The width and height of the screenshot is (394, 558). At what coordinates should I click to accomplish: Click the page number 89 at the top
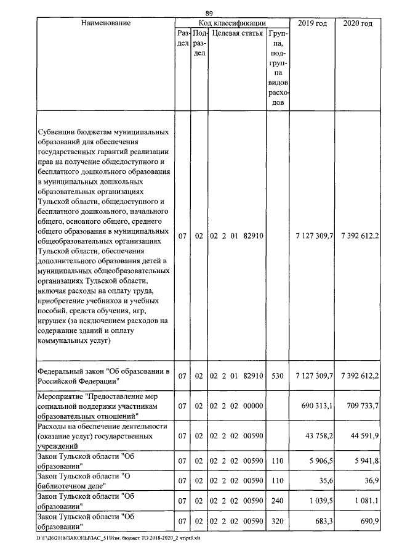click(x=209, y=14)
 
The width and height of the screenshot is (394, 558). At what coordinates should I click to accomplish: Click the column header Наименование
click(x=105, y=23)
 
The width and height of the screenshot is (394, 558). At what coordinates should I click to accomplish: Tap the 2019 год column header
click(x=312, y=23)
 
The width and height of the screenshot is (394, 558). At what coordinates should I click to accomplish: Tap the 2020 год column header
click(x=357, y=23)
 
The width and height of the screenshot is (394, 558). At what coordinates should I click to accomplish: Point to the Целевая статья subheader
click(x=237, y=33)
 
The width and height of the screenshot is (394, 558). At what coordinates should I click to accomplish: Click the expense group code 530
click(x=278, y=375)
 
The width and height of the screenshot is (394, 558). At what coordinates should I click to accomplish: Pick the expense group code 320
click(x=278, y=522)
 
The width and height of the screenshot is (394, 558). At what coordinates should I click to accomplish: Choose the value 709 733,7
click(x=363, y=406)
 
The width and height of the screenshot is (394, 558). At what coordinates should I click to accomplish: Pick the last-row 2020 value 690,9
click(x=368, y=522)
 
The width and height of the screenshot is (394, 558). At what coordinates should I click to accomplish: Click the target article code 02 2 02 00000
click(x=236, y=406)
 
